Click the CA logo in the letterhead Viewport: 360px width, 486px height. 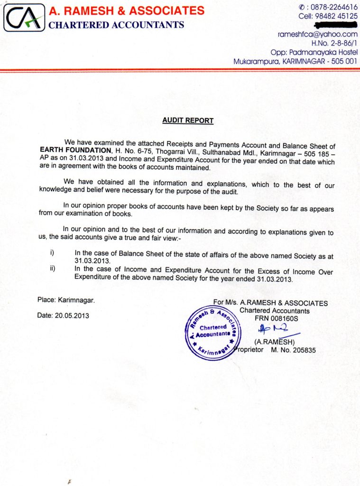pos(24,18)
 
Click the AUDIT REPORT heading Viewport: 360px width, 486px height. pos(188,121)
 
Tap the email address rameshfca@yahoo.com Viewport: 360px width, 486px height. pos(317,34)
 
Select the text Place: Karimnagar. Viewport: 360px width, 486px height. pos(66,300)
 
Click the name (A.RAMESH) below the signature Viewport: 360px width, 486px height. pos(275,342)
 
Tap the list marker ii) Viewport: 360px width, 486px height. pos(53,268)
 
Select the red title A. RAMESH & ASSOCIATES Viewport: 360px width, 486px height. pos(127,10)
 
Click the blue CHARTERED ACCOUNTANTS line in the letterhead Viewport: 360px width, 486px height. pos(116,25)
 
